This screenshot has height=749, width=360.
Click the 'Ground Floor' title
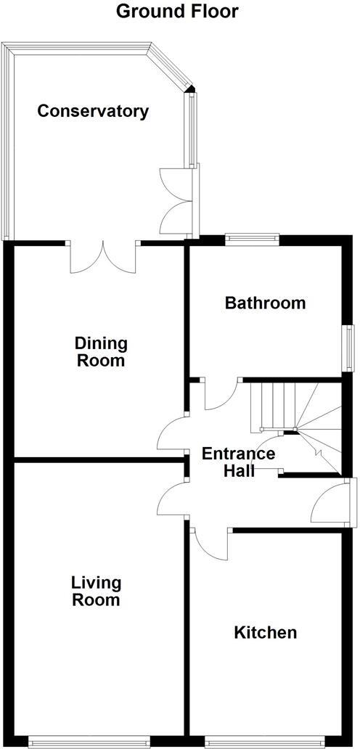coord(177,12)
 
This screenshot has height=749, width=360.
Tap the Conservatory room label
coord(93,111)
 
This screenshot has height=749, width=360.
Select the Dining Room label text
coord(100,351)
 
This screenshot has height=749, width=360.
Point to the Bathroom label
coord(265,303)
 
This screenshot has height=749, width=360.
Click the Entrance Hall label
coord(238,462)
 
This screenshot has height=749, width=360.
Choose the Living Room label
coord(96,591)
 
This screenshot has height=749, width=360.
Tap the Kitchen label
coord(265,632)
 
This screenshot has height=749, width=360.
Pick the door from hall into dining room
coord(173,434)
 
